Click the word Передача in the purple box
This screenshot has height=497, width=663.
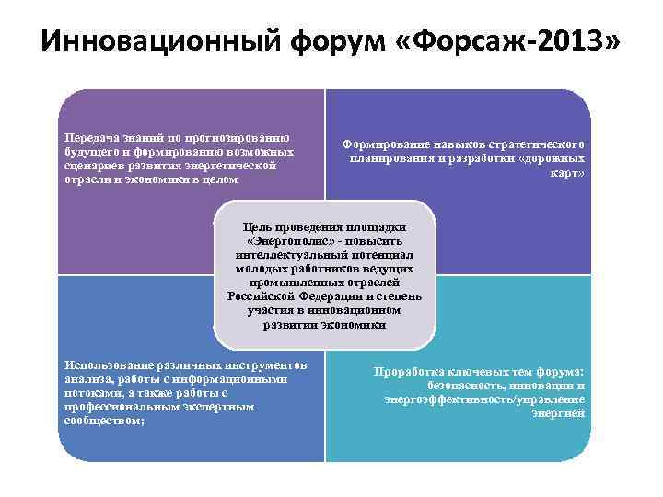click(88, 138)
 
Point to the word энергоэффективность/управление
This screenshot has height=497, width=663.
click(484, 399)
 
